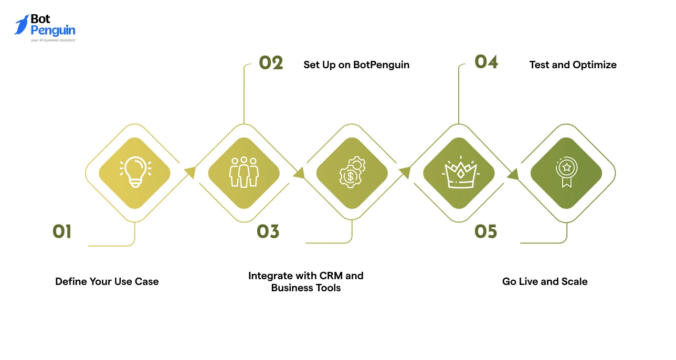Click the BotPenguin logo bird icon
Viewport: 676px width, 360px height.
coord(22,25)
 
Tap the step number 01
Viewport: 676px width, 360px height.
coord(62,231)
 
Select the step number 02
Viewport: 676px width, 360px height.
coord(271,63)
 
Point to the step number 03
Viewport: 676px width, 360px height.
coord(268,231)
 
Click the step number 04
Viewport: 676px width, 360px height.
coord(486,62)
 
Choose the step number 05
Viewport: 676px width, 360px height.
coord(485,231)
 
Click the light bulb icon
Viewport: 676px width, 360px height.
coord(135,173)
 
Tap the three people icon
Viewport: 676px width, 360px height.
coord(244,172)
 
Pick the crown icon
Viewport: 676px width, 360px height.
coord(459,173)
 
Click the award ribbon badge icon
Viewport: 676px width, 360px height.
coord(566,173)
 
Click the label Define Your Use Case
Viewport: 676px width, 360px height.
coord(107,282)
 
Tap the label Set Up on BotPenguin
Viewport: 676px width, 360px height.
coord(356,65)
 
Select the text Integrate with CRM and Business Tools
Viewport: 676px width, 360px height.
coord(306,282)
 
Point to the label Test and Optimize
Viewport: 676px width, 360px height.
coord(573,65)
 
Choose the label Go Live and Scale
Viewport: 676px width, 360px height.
coord(545,282)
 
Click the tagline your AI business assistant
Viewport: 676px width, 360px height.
coord(53,40)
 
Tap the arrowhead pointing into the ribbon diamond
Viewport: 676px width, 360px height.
coord(513,175)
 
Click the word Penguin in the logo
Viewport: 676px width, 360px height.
coord(53,30)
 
